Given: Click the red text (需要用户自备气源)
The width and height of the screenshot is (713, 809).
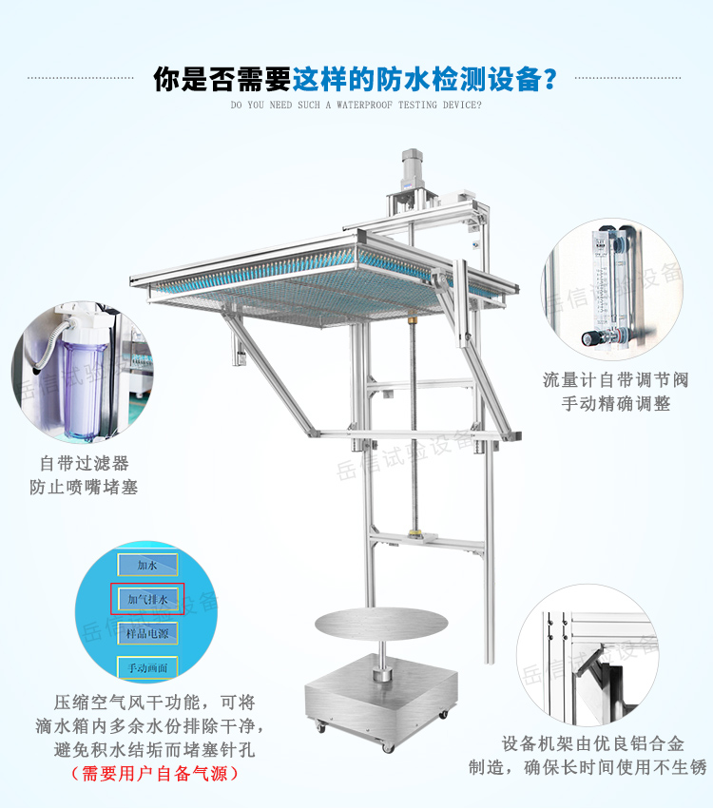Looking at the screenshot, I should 155,774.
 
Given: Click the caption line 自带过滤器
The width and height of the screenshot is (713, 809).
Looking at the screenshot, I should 84,464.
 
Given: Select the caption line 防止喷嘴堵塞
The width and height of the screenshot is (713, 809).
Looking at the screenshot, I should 84,488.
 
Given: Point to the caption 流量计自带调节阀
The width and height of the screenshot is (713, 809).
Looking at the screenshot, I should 628,379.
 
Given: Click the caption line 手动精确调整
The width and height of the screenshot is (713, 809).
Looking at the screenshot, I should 628,403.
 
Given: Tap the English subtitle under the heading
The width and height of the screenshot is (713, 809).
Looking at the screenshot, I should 356,105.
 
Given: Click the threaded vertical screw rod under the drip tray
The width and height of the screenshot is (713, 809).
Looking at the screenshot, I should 414,428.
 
